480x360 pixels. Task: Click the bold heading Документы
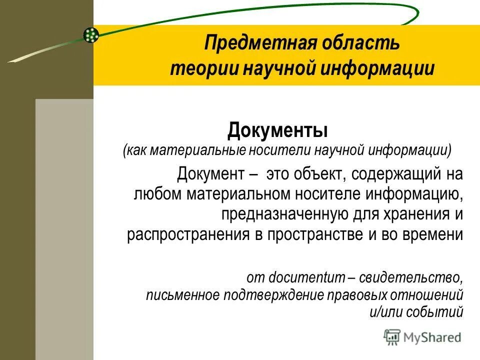pyautogui.click(x=277, y=131)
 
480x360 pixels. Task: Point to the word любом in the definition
pyautogui.click(x=153, y=194)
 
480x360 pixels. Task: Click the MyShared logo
pyautogui.click(x=422, y=337)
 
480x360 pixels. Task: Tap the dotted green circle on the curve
pyautogui.click(x=91, y=34)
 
